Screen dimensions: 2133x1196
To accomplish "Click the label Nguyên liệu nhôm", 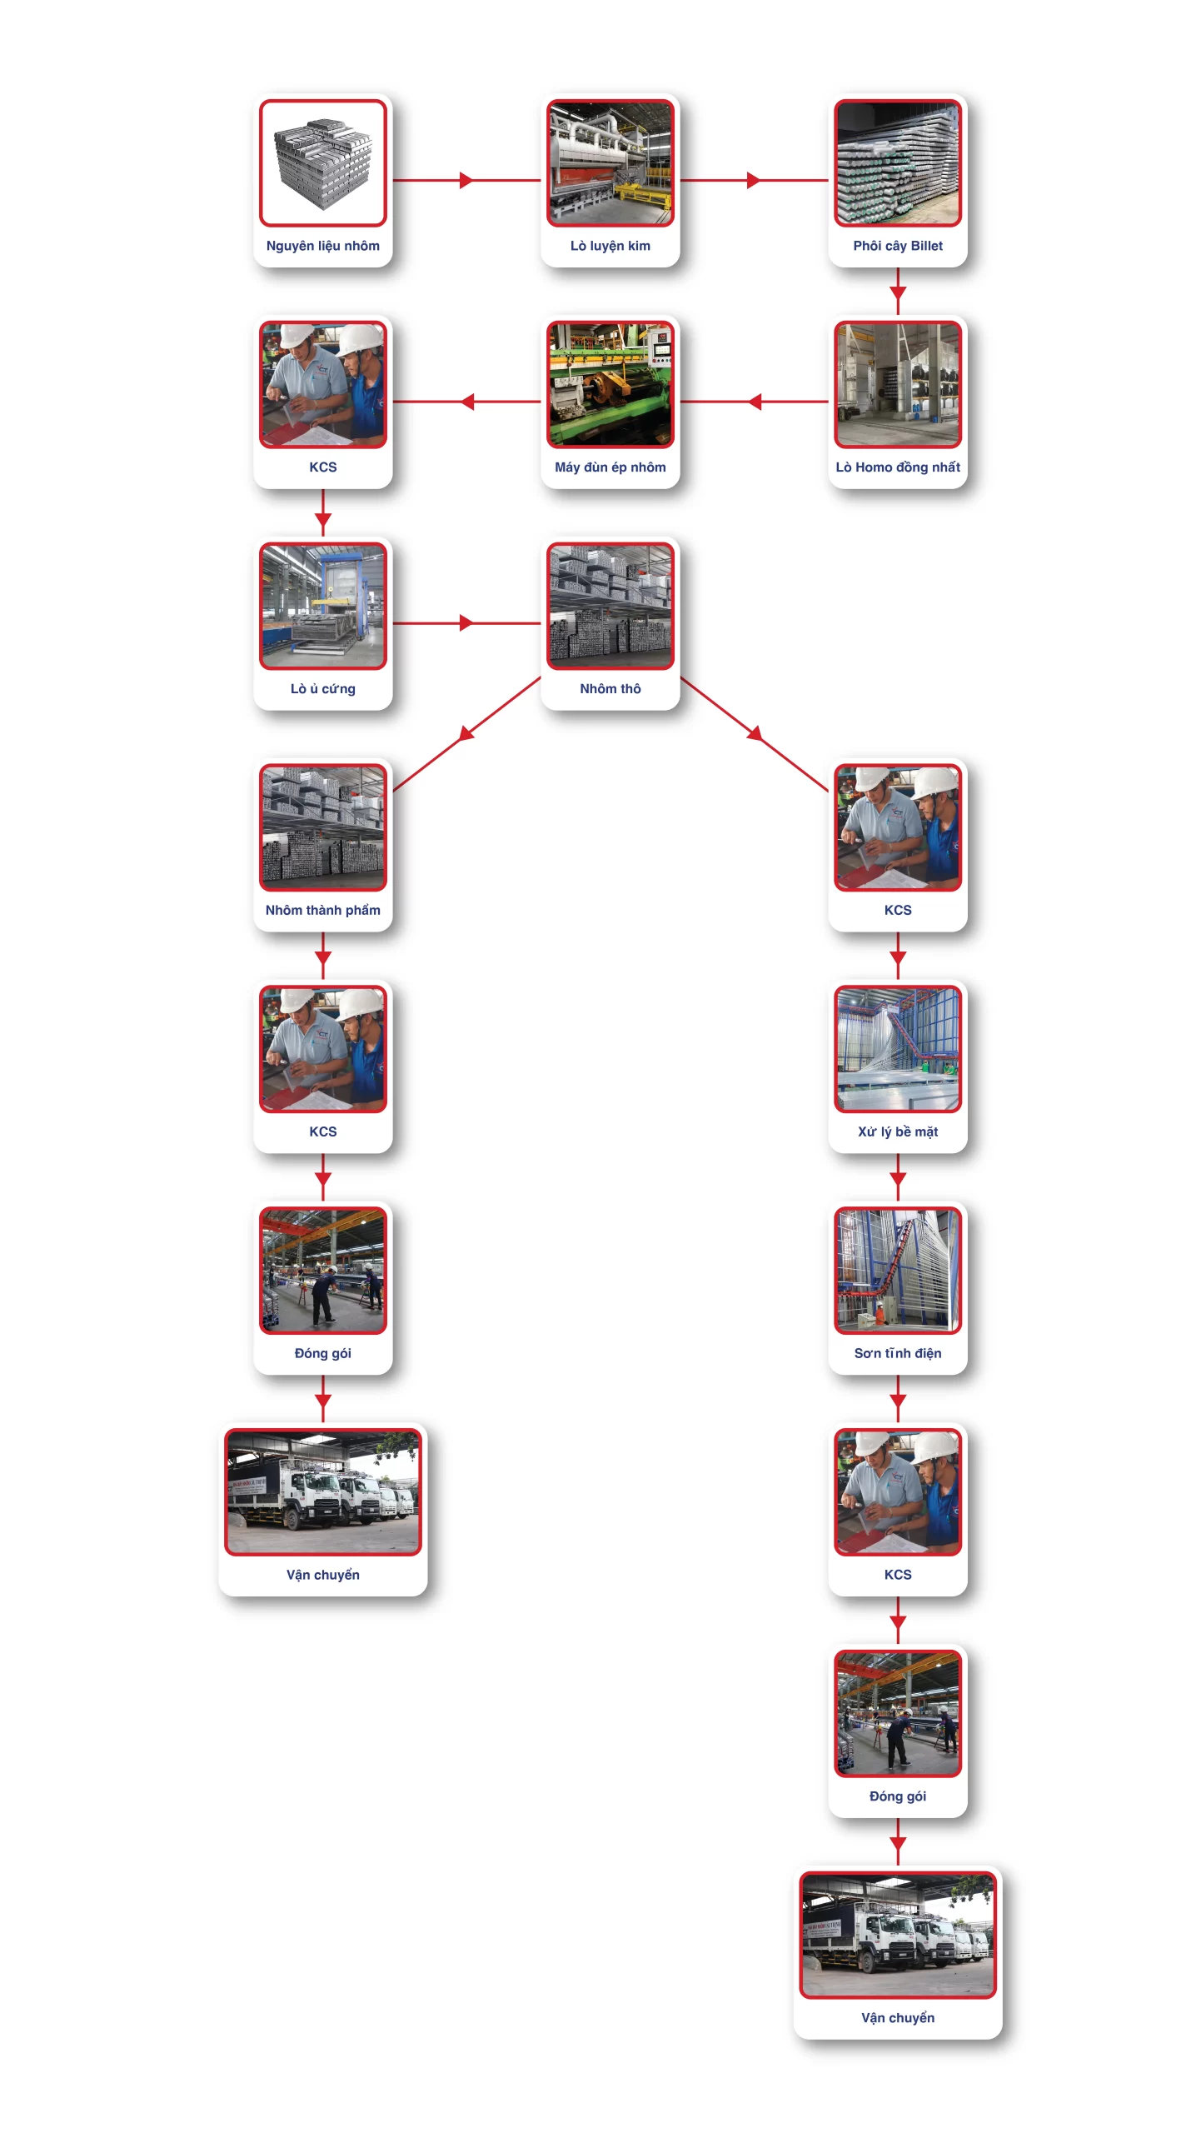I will click(322, 246).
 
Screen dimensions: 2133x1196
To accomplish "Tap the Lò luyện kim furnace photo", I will click(610, 163).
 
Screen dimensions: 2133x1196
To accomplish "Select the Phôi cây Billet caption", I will click(897, 246).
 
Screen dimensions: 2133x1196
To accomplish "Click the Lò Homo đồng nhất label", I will click(897, 467).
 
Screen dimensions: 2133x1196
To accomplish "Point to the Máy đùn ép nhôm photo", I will click(610, 385).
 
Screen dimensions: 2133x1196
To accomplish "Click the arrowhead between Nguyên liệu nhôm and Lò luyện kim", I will click(466, 180).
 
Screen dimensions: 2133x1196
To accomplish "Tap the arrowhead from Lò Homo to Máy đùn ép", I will click(755, 402).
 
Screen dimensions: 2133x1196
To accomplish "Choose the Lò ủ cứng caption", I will click(322, 689).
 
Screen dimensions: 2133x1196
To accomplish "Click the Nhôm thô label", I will click(610, 689).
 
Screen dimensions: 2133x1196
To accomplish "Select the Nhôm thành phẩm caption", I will click(322, 911).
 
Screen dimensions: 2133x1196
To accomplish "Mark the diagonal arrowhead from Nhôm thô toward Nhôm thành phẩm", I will click(466, 733).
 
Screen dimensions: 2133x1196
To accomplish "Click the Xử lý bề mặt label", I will click(897, 1131).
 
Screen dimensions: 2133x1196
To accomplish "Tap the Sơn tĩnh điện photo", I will click(897, 1271).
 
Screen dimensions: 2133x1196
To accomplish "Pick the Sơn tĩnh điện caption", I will click(897, 1353).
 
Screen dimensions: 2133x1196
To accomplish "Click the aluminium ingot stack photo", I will click(322, 163).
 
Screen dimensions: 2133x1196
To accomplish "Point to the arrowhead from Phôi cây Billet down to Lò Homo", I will click(897, 293).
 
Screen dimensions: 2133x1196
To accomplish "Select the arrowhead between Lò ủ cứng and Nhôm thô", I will click(466, 622).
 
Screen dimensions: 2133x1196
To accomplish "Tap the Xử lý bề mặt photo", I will click(897, 1049).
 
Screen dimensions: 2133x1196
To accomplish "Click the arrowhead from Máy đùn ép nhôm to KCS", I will click(467, 402).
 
